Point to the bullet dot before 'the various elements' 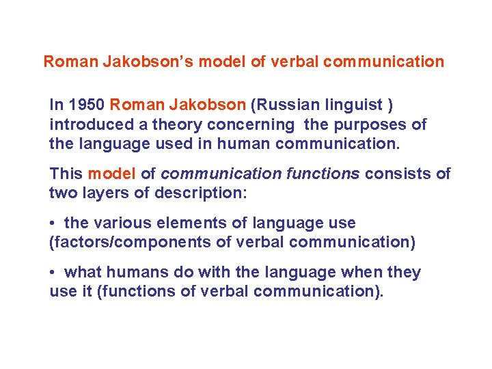point(53,223)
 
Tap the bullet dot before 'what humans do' point(53,273)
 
